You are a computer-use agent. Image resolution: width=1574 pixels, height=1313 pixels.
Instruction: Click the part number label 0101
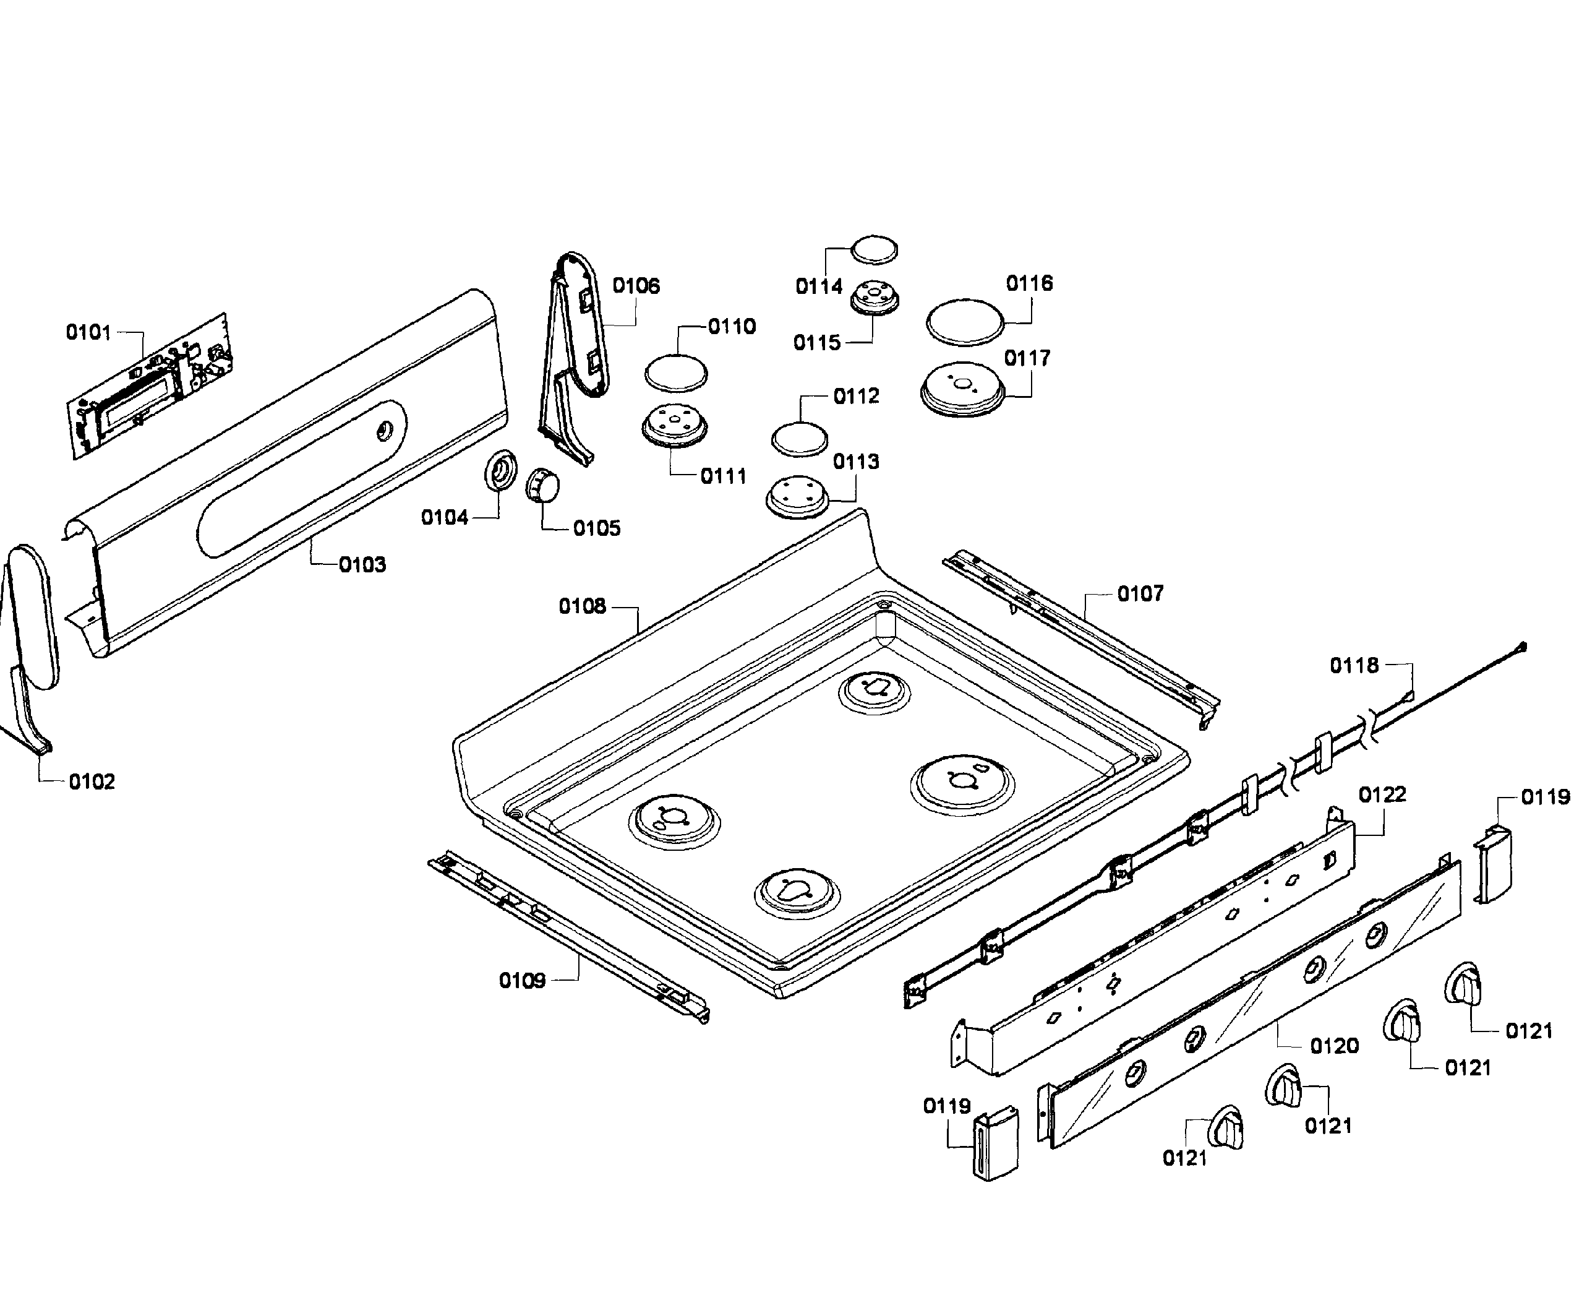[x=88, y=332]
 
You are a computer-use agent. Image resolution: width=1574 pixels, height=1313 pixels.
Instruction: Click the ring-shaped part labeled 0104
[x=501, y=470]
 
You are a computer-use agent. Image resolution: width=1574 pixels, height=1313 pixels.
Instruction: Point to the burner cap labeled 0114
[x=875, y=250]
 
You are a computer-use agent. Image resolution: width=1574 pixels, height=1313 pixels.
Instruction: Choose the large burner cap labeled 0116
[x=965, y=322]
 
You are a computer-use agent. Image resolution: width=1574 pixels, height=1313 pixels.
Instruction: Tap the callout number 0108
[x=583, y=606]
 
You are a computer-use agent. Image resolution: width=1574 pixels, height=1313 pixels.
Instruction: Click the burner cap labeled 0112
[x=800, y=439]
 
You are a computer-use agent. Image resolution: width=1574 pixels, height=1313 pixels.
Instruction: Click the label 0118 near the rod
[x=1354, y=665]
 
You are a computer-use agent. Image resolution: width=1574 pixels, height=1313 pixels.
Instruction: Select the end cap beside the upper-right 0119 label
[x=1493, y=864]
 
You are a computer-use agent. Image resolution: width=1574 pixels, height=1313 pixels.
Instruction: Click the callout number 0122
[x=1382, y=794]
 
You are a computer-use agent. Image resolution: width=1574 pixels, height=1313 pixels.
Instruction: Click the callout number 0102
[x=92, y=781]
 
